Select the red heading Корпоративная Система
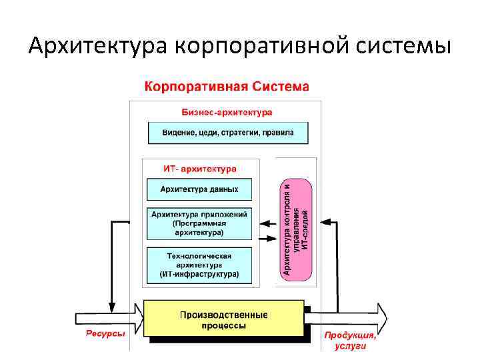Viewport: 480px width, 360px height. point(227,87)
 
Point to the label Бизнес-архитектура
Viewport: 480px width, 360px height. point(227,112)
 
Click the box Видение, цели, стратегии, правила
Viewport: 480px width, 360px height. point(228,133)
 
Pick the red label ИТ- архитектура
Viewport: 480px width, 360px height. point(199,169)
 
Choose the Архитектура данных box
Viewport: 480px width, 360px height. point(199,189)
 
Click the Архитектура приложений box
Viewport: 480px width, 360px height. point(199,223)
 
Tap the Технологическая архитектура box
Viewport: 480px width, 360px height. point(199,265)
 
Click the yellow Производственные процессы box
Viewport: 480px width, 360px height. point(224,320)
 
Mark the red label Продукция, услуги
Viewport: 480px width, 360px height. point(350,341)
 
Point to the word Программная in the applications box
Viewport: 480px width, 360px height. point(201,223)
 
